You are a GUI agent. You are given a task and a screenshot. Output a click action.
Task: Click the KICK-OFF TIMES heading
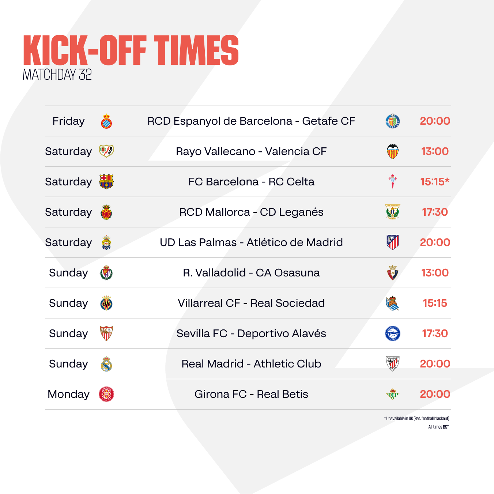pyautogui.click(x=131, y=50)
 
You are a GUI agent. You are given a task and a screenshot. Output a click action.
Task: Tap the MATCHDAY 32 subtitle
pyautogui.click(x=57, y=75)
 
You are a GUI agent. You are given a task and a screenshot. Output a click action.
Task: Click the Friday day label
pyautogui.click(x=68, y=121)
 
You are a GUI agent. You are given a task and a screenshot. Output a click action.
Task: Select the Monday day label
pyautogui.click(x=68, y=394)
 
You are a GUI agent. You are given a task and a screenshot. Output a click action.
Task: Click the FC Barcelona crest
pyautogui.click(x=106, y=182)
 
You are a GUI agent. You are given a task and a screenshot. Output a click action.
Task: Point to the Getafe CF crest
pyautogui.click(x=393, y=121)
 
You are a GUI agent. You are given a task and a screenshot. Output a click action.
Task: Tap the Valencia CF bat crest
pyautogui.click(x=393, y=151)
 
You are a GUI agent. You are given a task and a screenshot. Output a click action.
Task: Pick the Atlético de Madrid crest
pyautogui.click(x=393, y=242)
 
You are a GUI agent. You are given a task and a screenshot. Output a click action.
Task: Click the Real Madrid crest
pyautogui.click(x=106, y=364)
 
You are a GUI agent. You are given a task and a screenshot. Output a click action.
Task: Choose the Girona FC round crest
pyautogui.click(x=106, y=394)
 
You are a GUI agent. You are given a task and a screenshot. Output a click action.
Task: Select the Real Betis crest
pyautogui.click(x=393, y=394)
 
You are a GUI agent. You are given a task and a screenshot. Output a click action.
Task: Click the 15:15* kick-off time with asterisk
pyautogui.click(x=435, y=182)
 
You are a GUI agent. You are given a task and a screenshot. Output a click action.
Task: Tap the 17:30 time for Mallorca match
pyautogui.click(x=435, y=212)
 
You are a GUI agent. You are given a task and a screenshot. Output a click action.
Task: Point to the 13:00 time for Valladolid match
pyautogui.click(x=435, y=273)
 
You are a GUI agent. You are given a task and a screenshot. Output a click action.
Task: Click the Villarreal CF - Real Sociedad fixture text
pyautogui.click(x=251, y=303)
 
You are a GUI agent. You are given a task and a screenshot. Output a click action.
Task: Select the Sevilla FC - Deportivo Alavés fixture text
pyautogui.click(x=251, y=333)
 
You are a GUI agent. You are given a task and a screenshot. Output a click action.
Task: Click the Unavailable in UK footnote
pyautogui.click(x=416, y=419)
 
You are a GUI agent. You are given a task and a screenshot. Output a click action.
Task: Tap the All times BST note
pyautogui.click(x=439, y=427)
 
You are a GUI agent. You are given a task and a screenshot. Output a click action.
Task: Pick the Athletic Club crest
pyautogui.click(x=393, y=364)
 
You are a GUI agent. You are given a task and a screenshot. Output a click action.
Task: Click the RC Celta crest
pyautogui.click(x=393, y=181)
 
